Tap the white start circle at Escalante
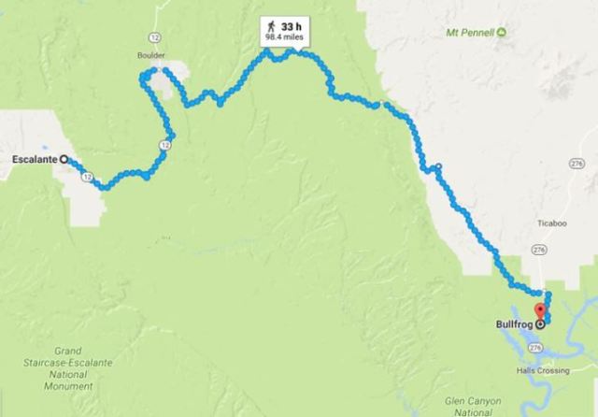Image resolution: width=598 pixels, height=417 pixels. point(64,160)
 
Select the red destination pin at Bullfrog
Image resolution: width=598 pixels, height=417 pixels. point(538,312)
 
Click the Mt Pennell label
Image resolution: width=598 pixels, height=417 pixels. point(470,33)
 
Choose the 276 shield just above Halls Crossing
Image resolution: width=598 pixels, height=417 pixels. point(535,347)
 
